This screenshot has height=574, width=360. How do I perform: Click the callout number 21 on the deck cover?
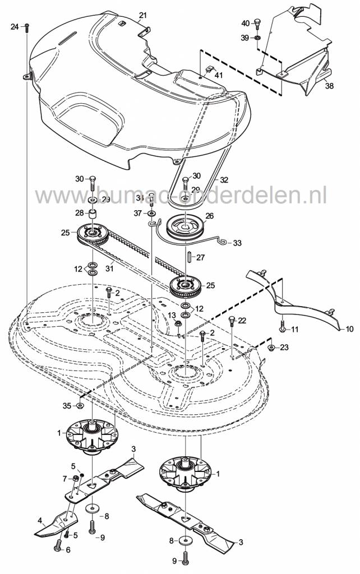(x=142, y=14)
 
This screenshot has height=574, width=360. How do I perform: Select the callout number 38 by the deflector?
(x=329, y=86)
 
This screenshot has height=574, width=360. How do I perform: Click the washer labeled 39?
(x=257, y=38)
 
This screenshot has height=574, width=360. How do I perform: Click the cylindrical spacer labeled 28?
(x=93, y=214)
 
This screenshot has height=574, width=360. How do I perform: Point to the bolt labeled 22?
(x=231, y=322)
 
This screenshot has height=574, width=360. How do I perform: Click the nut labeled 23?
(x=271, y=348)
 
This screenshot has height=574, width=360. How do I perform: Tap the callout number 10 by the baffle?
(x=349, y=329)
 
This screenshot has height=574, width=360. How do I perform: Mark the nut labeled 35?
(x=80, y=405)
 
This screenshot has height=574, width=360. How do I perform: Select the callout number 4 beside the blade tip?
(x=40, y=519)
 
